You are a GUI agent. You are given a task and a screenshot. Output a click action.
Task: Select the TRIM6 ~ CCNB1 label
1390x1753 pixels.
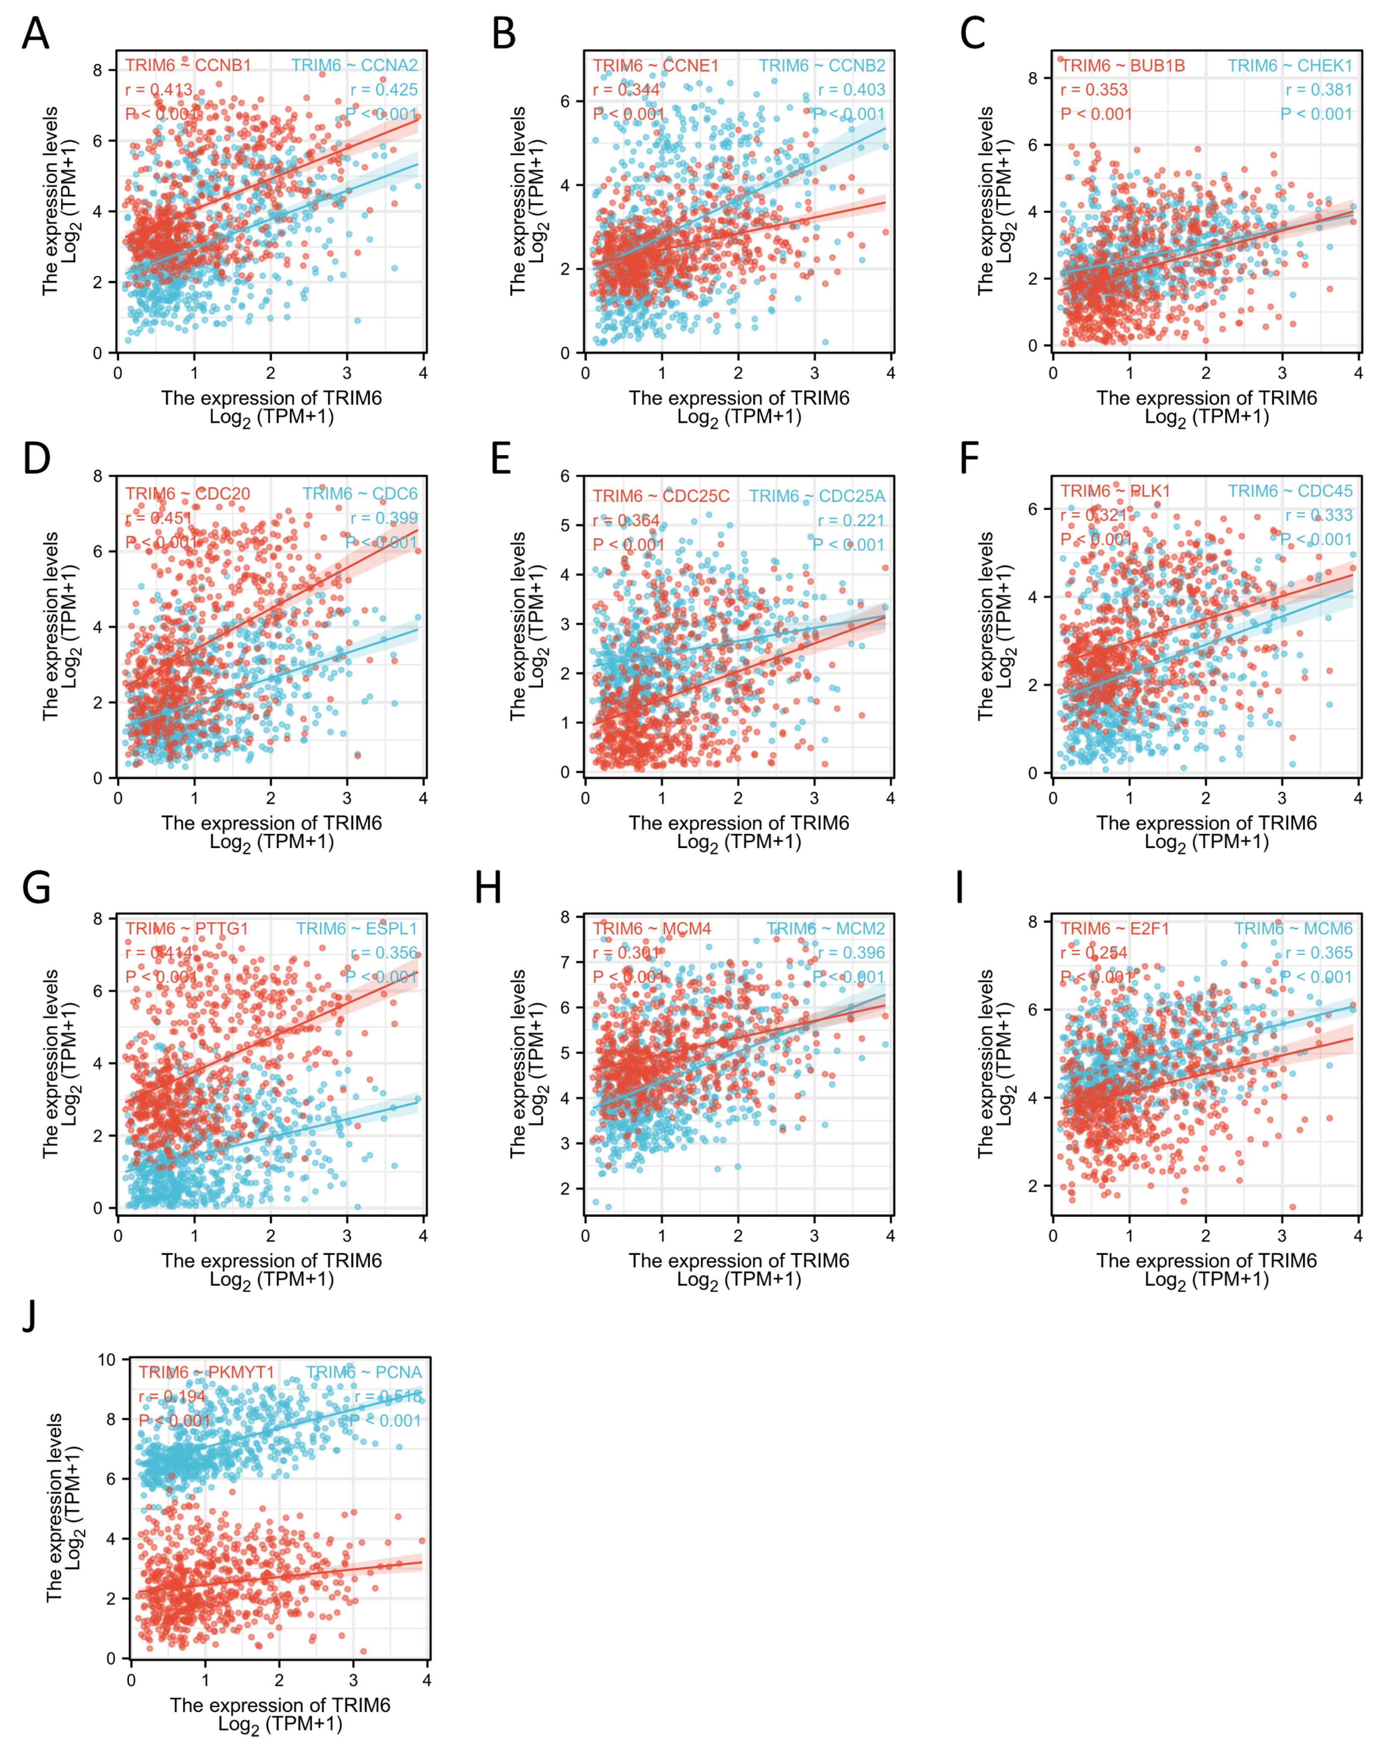click(x=188, y=65)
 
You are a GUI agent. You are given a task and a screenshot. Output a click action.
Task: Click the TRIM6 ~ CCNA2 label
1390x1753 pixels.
click(x=354, y=65)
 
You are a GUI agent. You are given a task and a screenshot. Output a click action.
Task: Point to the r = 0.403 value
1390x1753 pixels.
click(x=851, y=90)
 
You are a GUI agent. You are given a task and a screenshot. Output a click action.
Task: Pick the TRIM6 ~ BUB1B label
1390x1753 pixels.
click(x=1123, y=65)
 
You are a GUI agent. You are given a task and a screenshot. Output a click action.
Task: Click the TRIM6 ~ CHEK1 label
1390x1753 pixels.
click(x=1289, y=65)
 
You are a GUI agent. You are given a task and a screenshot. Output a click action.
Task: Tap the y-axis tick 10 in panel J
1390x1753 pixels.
click(x=106, y=1360)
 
